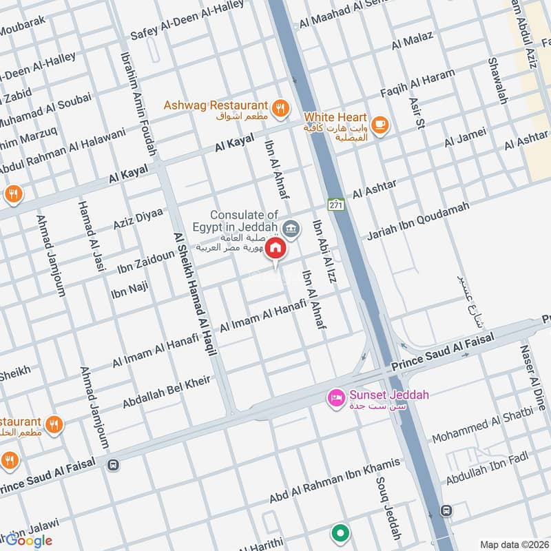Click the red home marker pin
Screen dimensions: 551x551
click(x=275, y=249)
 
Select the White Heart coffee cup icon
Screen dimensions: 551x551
click(x=379, y=124)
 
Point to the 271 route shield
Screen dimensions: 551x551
click(x=335, y=205)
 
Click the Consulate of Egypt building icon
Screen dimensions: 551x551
click(x=291, y=229)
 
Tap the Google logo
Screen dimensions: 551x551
click(x=29, y=541)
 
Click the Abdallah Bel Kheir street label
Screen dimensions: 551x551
click(x=166, y=392)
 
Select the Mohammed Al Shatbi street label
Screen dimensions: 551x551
click(x=482, y=427)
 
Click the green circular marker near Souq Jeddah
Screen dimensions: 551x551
click(x=340, y=532)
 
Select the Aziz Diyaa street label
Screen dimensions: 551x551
click(x=138, y=218)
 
